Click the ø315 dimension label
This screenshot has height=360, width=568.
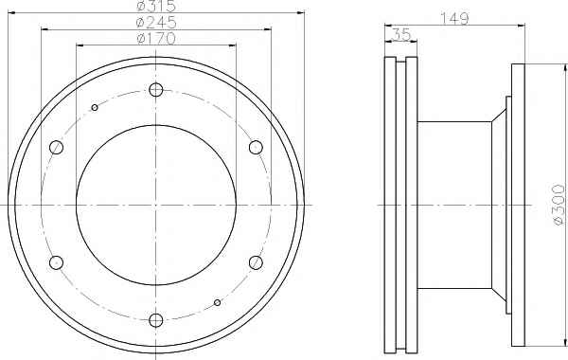pyautogui.click(x=156, y=5)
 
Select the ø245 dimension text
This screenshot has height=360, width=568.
pyautogui.click(x=156, y=22)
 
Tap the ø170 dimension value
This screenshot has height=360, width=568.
pyautogui.click(x=156, y=38)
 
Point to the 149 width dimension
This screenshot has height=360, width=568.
pyautogui.click(x=454, y=18)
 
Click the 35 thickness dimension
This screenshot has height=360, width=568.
pyautogui.click(x=401, y=35)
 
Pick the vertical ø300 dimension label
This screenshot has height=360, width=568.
pyautogui.click(x=559, y=205)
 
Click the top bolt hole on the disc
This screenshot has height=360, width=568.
pyautogui.click(x=156, y=90)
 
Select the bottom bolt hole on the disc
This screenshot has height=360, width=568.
pyautogui.click(x=156, y=320)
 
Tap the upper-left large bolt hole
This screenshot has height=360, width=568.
pyautogui.click(x=56, y=147)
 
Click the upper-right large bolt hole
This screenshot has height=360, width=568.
pyautogui.click(x=256, y=147)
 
